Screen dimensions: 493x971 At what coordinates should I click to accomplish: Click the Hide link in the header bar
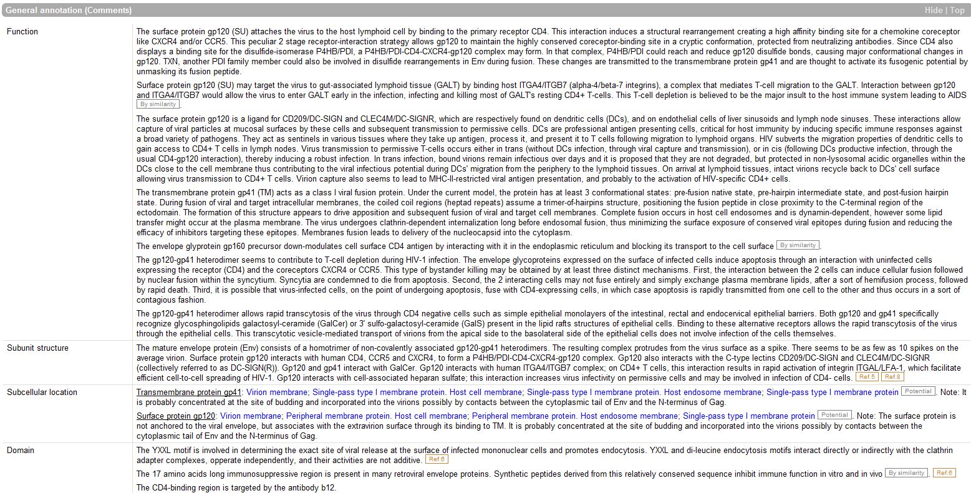pos(934,11)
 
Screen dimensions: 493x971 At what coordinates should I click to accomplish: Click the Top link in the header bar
pos(957,11)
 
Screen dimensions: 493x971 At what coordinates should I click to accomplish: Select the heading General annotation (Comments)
pos(69,11)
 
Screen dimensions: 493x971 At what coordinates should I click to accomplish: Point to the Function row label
pos(22,31)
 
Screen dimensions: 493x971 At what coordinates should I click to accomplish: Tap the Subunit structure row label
pos(37,348)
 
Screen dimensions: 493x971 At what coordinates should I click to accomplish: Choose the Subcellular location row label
pos(42,392)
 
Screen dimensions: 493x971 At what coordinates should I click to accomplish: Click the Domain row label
pos(21,450)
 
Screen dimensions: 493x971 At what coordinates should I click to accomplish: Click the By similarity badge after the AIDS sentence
pos(158,104)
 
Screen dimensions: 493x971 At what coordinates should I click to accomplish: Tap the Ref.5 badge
pos(867,377)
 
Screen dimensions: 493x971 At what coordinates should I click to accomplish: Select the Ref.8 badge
pos(892,377)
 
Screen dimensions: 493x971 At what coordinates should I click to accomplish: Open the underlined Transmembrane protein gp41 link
pos(188,392)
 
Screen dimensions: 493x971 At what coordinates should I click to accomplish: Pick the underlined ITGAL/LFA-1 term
pos(879,368)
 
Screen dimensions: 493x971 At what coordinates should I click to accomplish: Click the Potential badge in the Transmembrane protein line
pos(917,391)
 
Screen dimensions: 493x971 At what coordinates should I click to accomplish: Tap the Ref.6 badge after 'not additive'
pos(437,459)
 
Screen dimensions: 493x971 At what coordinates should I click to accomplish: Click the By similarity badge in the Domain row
pos(906,473)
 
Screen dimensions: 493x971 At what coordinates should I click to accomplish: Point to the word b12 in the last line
pos(329,487)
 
